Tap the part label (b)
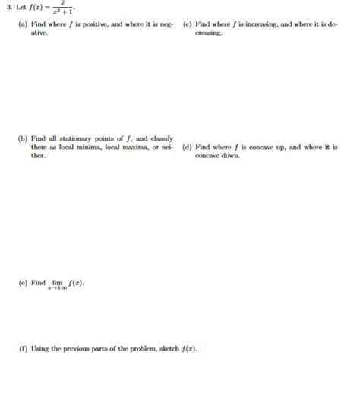[23, 138]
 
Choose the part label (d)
[188, 147]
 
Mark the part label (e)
[23, 283]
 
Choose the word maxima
[138, 147]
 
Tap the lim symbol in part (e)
[57, 283]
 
